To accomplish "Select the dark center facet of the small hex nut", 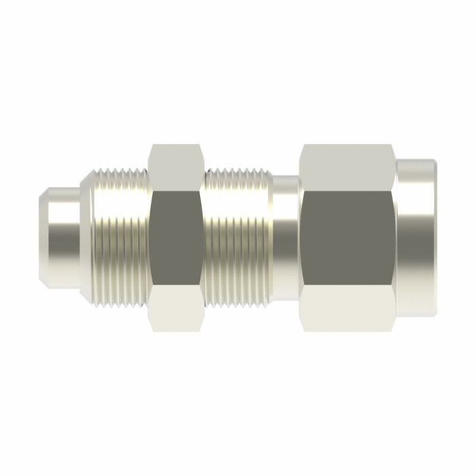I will coord(175,238).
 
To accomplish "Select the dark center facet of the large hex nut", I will coord(348,238).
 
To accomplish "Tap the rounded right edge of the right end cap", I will coord(433,238).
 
